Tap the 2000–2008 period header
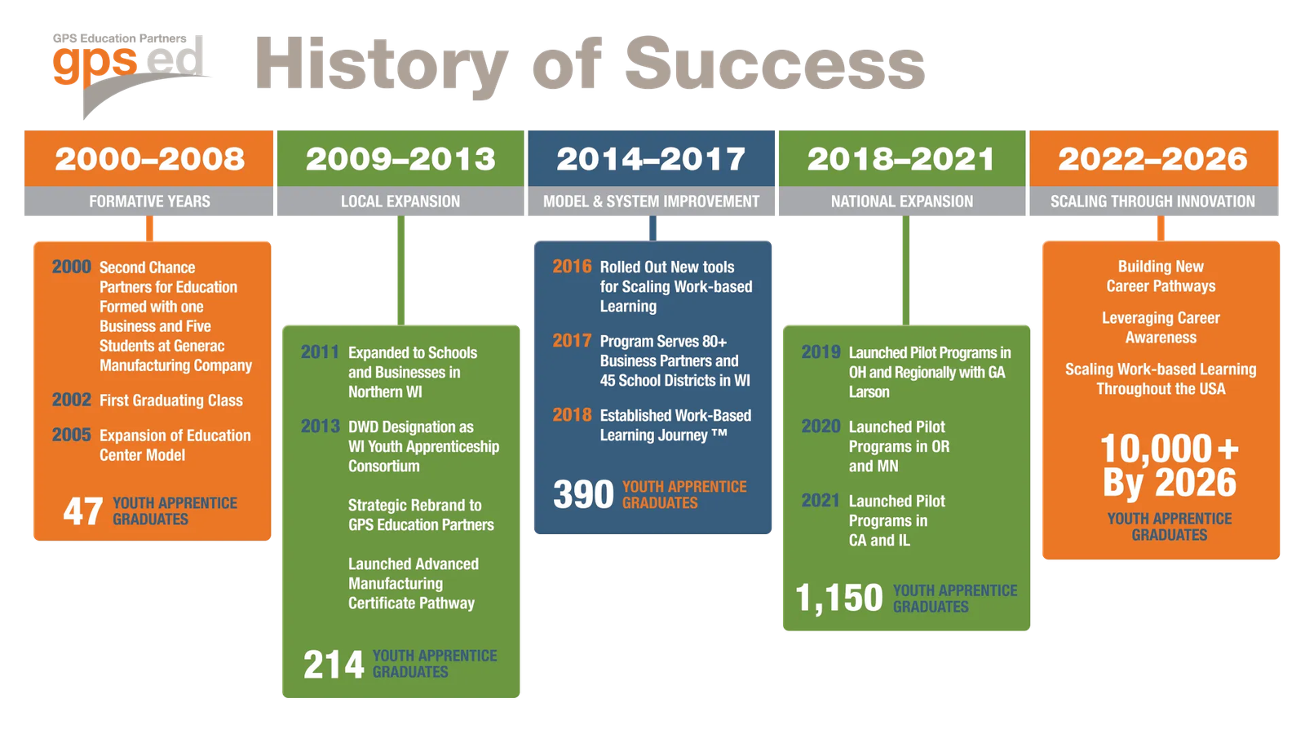(149, 158)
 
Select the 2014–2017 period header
(651, 158)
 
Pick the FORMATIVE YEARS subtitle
(149, 201)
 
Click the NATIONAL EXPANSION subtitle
(902, 201)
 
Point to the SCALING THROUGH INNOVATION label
(1153, 201)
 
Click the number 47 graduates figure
(82, 511)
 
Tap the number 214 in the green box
(334, 664)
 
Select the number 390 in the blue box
(583, 494)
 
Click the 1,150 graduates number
(839, 599)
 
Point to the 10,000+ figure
(1170, 448)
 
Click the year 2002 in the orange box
(72, 400)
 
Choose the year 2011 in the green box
(320, 352)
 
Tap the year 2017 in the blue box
(572, 340)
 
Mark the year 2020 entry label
(821, 427)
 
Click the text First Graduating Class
(171, 400)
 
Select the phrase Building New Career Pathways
(1161, 276)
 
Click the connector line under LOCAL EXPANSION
(400, 270)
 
